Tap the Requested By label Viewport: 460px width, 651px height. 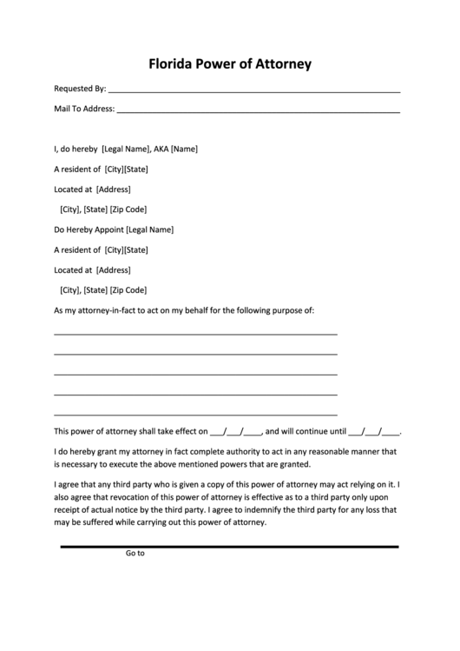click(x=80, y=89)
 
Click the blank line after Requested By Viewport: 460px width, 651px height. click(x=255, y=90)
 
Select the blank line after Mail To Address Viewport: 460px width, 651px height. click(x=259, y=111)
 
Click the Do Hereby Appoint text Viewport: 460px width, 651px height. click(x=89, y=230)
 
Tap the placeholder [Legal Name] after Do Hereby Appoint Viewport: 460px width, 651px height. click(x=150, y=230)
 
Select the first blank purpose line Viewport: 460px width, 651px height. click(x=195, y=334)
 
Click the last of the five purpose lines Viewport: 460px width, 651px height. click(x=195, y=414)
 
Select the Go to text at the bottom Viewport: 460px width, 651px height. click(x=135, y=553)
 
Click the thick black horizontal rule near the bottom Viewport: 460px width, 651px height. click(x=229, y=546)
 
